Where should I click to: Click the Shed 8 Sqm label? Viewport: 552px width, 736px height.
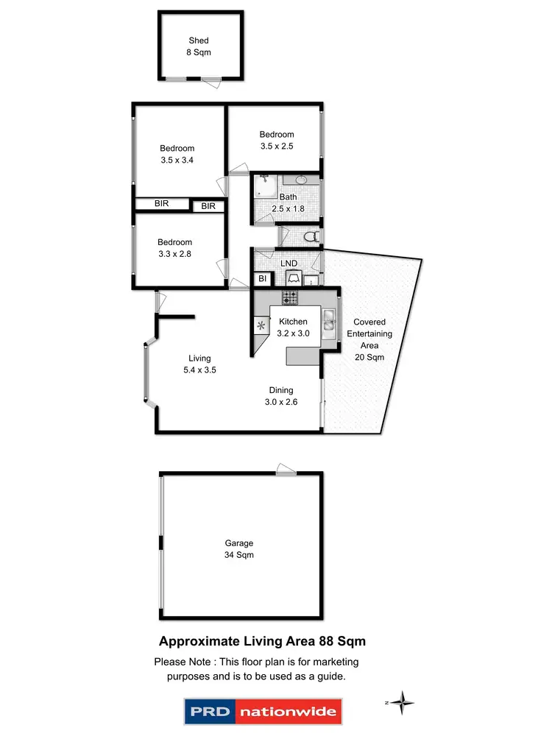point(198,46)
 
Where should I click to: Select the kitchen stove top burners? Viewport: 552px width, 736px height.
point(290,298)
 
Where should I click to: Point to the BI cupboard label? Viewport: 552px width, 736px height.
point(262,279)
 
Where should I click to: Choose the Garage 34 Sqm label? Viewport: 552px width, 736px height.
point(239,549)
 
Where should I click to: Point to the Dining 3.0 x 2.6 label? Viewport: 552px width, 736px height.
point(280,395)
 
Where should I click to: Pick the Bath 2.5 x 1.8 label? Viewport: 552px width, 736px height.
point(288,202)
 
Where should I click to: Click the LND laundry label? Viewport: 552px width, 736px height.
point(289,263)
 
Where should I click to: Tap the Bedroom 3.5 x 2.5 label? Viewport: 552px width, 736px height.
point(276,140)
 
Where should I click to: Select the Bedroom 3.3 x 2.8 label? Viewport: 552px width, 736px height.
point(174,248)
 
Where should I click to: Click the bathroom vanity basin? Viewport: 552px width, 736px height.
point(301,180)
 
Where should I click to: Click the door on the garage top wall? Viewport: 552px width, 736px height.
point(285,470)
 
